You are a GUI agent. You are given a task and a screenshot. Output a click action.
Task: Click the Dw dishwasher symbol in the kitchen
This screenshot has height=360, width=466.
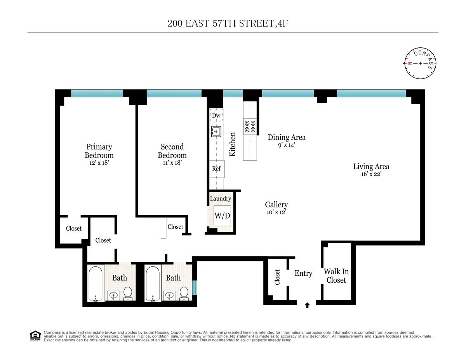point(216,115)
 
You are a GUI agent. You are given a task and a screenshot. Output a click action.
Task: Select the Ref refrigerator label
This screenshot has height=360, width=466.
point(216,169)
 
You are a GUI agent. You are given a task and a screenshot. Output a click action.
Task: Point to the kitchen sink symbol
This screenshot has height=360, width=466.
point(216,132)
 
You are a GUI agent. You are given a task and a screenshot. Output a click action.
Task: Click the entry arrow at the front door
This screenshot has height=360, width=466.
point(307,305)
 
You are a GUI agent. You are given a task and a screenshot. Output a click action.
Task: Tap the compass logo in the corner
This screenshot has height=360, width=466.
point(420,63)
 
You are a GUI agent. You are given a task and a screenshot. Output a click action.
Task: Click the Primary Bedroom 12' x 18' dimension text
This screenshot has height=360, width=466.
point(99,163)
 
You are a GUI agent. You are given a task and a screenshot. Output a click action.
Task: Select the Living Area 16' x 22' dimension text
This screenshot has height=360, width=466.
point(371,175)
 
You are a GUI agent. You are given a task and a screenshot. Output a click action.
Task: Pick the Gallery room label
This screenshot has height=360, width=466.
point(276,205)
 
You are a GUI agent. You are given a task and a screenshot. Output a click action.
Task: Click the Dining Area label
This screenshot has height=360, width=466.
point(287,137)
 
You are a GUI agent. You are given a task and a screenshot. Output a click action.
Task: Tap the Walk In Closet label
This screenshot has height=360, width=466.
point(336,276)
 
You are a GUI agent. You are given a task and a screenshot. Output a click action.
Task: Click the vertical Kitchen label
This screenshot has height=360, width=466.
point(233,144)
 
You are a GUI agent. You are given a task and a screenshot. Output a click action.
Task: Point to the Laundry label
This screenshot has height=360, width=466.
point(220,198)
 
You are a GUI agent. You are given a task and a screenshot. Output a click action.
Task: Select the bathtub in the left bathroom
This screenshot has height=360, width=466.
point(95,283)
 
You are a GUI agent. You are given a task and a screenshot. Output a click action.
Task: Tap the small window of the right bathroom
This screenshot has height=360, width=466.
point(195,287)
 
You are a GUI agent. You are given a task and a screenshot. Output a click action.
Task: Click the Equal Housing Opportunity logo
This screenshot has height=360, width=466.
point(35,336)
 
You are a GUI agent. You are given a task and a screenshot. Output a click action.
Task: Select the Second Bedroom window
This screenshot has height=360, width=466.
point(174,93)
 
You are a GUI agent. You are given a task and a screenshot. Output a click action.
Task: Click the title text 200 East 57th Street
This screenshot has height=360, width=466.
point(228,23)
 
